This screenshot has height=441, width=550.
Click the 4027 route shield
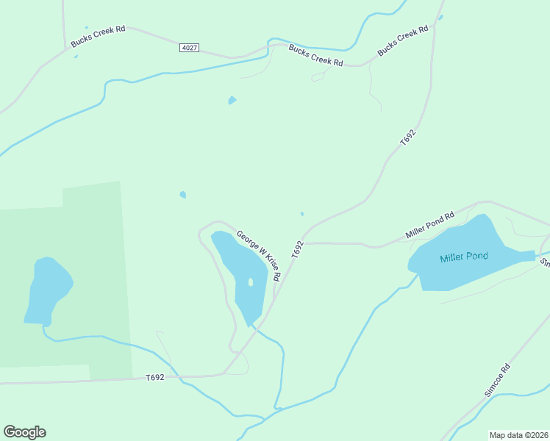[x=189, y=48]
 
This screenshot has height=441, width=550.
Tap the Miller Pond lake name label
[x=464, y=258]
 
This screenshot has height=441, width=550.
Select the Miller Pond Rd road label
[x=430, y=225]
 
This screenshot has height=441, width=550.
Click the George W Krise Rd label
[x=258, y=257]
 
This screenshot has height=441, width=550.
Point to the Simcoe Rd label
[x=497, y=381]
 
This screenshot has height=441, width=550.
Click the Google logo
[x=24, y=432]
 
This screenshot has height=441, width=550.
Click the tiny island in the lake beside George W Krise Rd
[x=251, y=282]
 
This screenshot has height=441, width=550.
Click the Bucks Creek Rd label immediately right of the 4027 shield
[x=316, y=56]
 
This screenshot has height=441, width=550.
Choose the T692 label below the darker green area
[x=154, y=377]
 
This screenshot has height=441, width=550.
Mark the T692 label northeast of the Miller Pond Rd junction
[x=408, y=137]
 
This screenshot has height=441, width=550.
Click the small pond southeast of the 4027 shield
[x=232, y=100]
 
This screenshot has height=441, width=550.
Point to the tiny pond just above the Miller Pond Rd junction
[x=301, y=215]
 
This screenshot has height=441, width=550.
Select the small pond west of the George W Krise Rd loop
[x=183, y=195]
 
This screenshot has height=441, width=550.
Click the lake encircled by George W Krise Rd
[x=239, y=272]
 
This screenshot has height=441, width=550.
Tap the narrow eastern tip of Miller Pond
[x=528, y=255]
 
